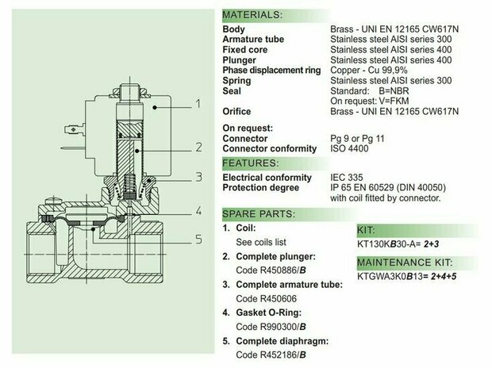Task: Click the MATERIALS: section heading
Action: (252, 15)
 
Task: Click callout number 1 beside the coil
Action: (198, 104)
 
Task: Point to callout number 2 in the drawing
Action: (198, 148)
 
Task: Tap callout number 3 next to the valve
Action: (199, 177)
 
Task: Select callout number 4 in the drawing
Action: (198, 211)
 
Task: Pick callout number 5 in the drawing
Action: (199, 240)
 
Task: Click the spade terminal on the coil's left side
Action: (74, 129)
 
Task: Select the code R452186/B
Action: (271, 355)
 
